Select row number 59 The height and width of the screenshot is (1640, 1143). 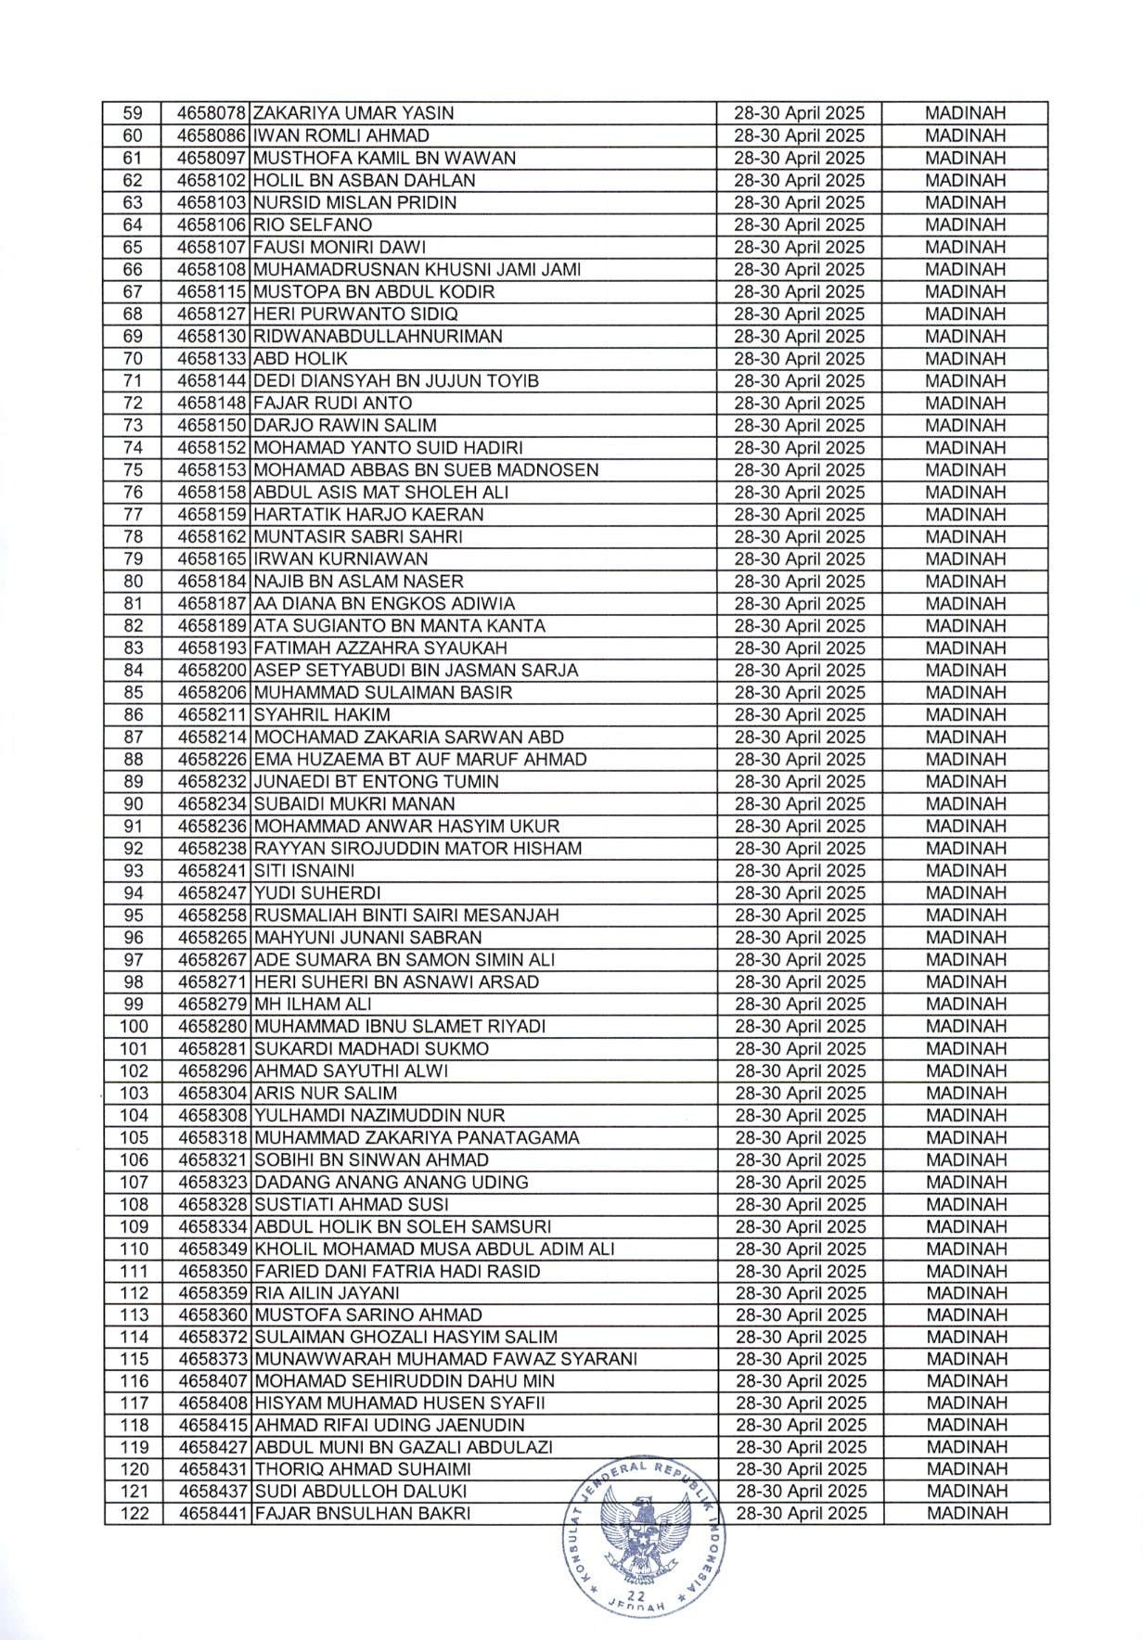point(133,114)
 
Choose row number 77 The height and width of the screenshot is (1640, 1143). point(133,515)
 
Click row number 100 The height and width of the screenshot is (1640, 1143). point(133,1027)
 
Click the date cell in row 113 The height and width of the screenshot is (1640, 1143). point(800,1315)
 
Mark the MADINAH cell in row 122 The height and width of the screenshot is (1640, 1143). point(966,1514)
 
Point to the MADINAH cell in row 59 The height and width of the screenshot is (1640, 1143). point(966,114)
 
